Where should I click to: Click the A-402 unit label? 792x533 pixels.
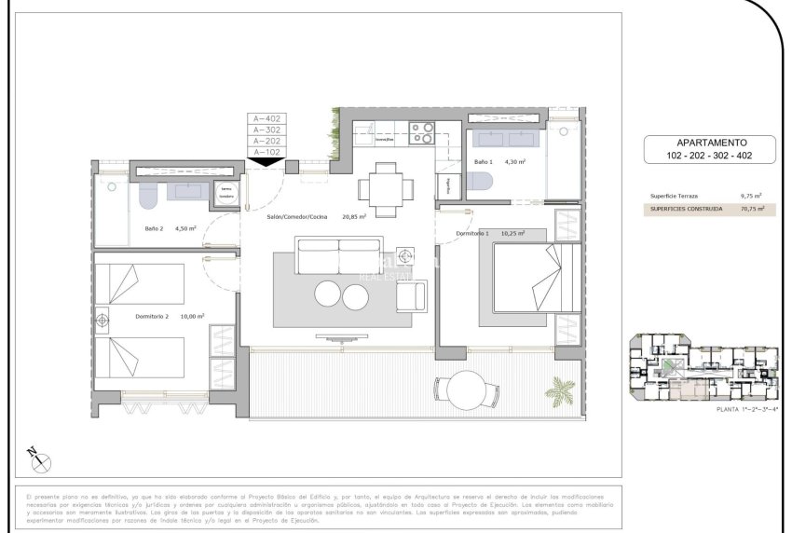tap(266, 119)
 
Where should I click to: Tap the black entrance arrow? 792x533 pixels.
tap(266, 161)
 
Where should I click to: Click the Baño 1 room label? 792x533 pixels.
tap(483, 162)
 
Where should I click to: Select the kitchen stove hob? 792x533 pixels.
tap(422, 133)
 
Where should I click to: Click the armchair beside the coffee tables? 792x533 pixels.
tap(411, 295)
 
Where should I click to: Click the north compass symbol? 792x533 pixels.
tap(39, 459)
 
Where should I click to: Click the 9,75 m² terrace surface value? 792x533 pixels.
tap(751, 197)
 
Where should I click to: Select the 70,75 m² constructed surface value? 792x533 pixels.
tap(751, 210)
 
